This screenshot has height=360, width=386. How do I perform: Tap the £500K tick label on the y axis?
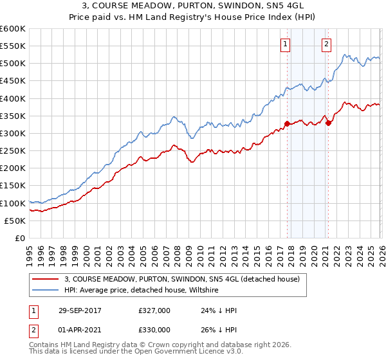pos(13,64)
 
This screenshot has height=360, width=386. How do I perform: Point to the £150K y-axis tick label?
pos(13,186)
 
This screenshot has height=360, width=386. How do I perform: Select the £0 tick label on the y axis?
pos(19,238)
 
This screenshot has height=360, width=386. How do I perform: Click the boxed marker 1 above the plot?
pos(285,44)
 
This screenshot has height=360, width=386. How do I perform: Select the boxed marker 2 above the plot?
pos(326,44)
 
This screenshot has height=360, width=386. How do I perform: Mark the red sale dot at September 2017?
pos(287,124)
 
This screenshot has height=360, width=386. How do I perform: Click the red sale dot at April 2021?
pos(327,123)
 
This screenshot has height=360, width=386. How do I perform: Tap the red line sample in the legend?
pos(46,280)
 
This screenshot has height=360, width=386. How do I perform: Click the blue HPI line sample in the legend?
pos(46,291)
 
